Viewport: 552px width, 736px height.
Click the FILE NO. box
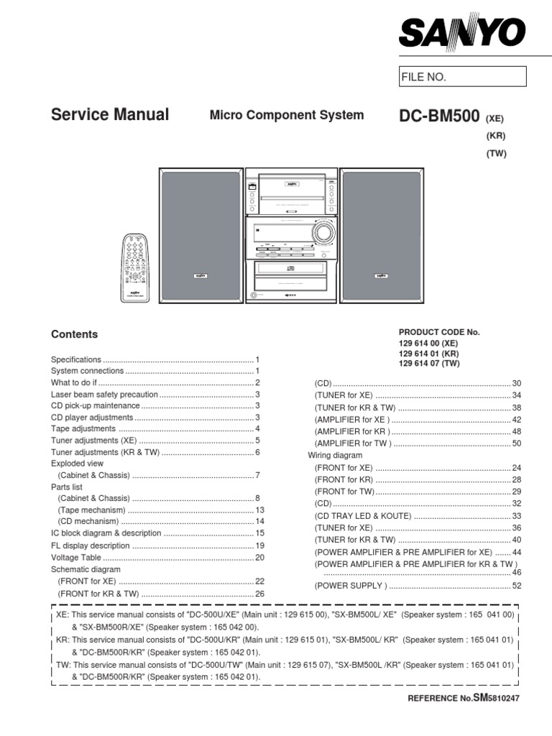pos(462,77)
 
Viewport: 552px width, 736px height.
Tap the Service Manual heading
pos(110,115)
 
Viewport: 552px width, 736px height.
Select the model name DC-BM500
pos(440,116)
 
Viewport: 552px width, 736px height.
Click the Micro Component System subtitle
pos(286,115)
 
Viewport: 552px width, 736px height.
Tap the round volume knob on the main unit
pos(324,233)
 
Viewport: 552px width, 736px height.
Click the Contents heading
pos(74,334)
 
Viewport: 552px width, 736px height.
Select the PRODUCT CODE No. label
pos(438,332)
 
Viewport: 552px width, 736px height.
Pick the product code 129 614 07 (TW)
pos(429,364)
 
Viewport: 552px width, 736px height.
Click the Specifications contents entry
pos(76,359)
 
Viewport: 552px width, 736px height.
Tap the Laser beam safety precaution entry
pos(104,395)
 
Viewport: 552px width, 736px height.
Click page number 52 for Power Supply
pos(515,586)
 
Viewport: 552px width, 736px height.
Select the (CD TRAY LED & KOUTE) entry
pos(362,516)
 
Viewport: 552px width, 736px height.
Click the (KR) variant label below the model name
pos(496,136)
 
